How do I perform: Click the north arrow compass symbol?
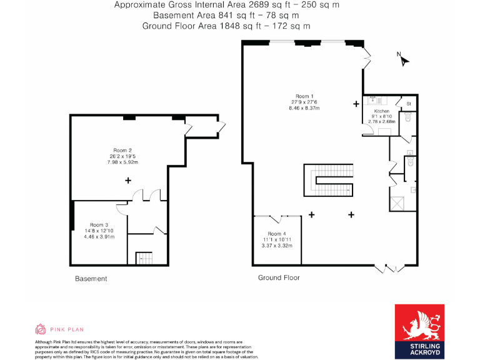tap(404, 61)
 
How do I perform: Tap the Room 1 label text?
tap(304, 96)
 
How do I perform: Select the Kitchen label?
tap(381, 110)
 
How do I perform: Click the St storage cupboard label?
tap(409, 103)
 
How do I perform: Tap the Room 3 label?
tap(99, 224)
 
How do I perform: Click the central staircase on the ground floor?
tap(329, 181)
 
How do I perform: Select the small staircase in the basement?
tap(144, 257)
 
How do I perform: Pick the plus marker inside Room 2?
tap(128, 180)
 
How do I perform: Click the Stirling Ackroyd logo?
tap(419, 331)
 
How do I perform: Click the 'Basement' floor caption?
tap(91, 279)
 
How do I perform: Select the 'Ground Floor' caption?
tap(279, 277)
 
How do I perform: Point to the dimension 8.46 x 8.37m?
tap(304, 108)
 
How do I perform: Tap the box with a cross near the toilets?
tap(397, 203)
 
